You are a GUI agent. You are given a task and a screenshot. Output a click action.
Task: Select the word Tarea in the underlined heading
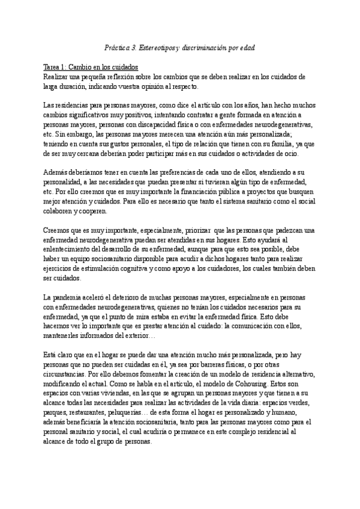tap(53, 67)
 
